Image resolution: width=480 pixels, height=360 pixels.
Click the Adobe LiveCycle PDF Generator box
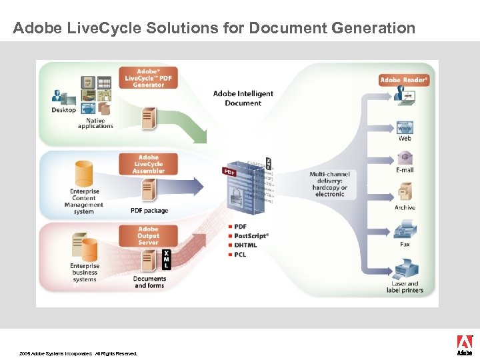coord(149,78)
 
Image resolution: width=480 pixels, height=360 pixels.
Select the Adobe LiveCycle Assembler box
coord(148,164)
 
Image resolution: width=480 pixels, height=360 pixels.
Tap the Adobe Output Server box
coord(148,236)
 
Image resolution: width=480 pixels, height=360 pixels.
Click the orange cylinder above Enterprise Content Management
coord(84,173)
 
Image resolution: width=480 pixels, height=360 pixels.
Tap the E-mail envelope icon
coord(404,158)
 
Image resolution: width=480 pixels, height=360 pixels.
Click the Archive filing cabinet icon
coord(404,193)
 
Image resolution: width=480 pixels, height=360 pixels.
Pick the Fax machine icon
coord(405,231)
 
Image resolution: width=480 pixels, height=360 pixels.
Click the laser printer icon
coord(405,270)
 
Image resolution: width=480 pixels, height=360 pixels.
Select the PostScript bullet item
coord(251,236)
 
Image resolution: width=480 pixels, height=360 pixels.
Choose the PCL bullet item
coord(241,255)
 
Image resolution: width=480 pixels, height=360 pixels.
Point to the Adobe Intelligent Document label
coord(243,99)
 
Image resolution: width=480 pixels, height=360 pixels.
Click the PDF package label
coord(149,211)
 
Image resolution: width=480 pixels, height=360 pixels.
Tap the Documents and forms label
coord(150,282)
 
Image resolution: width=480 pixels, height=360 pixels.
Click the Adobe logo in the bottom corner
coord(465,345)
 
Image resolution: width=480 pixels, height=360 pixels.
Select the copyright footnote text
coord(78,353)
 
